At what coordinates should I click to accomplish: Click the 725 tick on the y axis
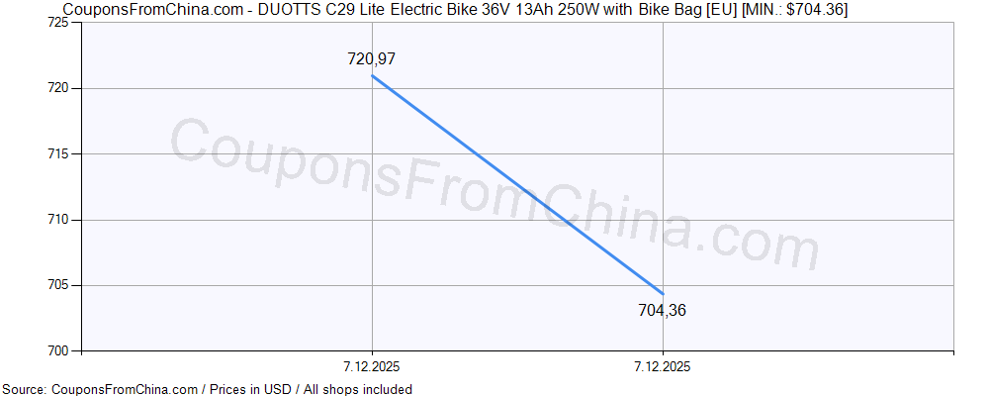[x=56, y=23]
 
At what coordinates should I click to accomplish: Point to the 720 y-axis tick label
[x=56, y=88]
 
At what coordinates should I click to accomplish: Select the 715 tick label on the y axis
[x=56, y=154]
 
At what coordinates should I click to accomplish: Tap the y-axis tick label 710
[x=56, y=220]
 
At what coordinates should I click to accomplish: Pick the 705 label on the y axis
[x=56, y=285]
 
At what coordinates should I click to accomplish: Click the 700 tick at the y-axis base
[x=56, y=350]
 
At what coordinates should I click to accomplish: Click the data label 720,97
[x=372, y=59]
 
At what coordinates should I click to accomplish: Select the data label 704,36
[x=663, y=311]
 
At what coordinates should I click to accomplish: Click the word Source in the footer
[x=24, y=389]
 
